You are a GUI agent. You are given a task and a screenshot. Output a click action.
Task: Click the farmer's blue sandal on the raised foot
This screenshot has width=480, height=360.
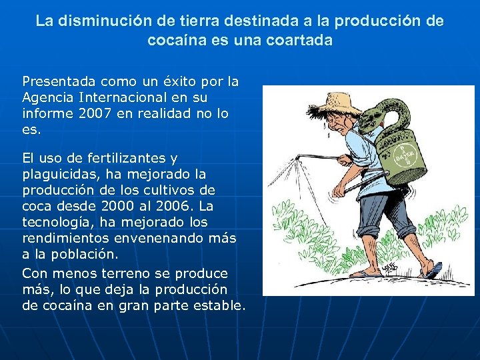435,270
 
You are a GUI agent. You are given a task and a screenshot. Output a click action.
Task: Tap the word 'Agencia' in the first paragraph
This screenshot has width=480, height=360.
49,97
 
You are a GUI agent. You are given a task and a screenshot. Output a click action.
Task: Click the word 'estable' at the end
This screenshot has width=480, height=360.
219,306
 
